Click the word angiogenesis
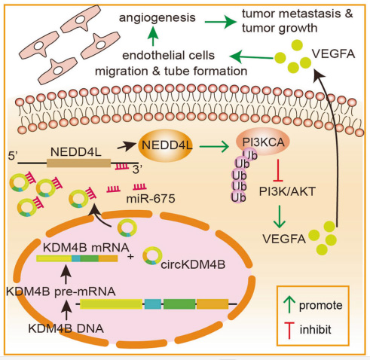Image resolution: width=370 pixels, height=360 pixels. (157, 18)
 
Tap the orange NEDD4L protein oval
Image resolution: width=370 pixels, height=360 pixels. (166, 145)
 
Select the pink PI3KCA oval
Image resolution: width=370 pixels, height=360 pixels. (263, 141)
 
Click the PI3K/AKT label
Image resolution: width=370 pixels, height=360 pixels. (287, 192)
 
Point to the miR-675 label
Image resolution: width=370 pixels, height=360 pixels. (151, 199)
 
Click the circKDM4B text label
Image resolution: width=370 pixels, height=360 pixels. (193, 264)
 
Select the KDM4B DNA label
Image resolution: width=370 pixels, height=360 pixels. (66, 328)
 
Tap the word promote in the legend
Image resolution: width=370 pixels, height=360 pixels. (321, 306)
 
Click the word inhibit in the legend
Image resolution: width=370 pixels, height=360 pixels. (316, 329)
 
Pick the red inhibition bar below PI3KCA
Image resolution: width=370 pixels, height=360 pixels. (278, 170)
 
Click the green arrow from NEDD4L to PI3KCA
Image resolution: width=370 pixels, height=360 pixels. (214, 146)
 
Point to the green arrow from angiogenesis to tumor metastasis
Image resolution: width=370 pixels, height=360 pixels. (221, 22)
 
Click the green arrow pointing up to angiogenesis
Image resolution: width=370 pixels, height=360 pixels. (153, 36)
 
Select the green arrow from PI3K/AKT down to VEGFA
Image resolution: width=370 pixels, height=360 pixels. (280, 216)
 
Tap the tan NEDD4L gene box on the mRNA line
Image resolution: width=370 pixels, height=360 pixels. (78, 163)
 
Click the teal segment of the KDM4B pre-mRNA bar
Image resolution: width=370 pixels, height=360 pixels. (153, 304)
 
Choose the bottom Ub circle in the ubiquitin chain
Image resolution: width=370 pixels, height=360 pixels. (238, 197)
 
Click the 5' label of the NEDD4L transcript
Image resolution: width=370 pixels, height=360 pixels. (13, 156)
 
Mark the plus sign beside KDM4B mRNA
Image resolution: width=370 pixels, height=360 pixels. (130, 257)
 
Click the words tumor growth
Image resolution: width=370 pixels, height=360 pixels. (280, 28)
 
